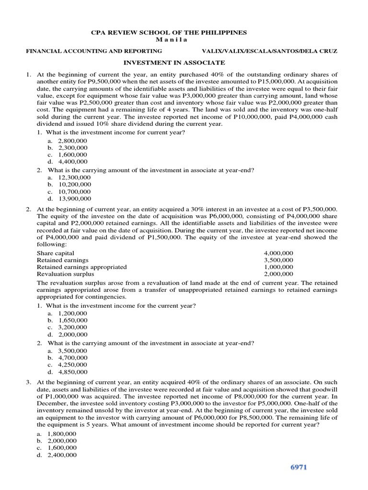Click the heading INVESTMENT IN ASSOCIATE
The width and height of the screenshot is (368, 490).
(x=174, y=63)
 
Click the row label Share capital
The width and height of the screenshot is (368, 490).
(x=56, y=253)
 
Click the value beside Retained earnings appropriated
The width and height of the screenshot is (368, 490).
(x=278, y=267)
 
